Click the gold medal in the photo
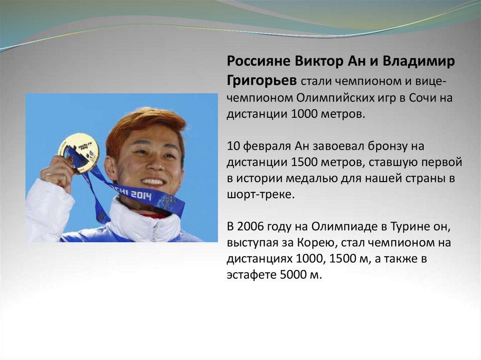79,153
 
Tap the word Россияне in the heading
258,61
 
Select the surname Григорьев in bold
262,80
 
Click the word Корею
317,243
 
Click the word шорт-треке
260,195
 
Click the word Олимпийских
335,98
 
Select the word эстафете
251,275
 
